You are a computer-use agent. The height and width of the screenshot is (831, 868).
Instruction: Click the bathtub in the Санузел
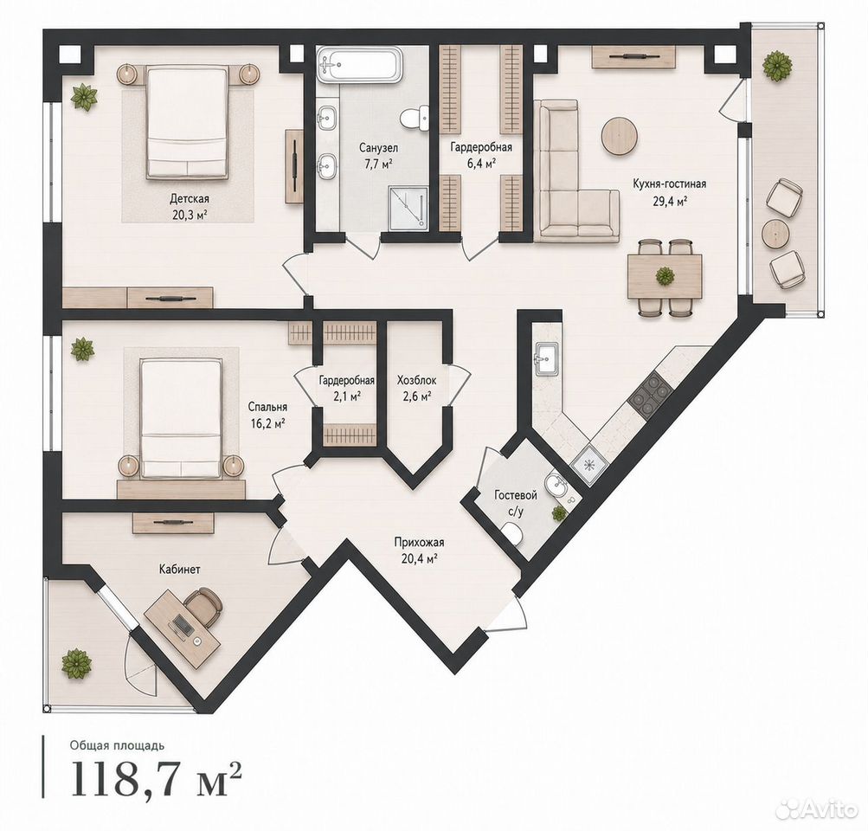[x=358, y=65]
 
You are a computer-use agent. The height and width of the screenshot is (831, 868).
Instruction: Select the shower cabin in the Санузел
[x=408, y=208]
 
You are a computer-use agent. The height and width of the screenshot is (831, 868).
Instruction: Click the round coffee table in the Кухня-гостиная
[x=620, y=136]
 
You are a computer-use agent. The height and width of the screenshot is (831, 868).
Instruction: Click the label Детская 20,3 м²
[x=190, y=206]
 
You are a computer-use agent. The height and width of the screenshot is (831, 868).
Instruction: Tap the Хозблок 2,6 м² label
[x=416, y=388]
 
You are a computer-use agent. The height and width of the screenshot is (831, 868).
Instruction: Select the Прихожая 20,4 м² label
[x=419, y=550]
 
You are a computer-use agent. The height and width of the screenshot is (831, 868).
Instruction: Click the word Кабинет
[x=180, y=569]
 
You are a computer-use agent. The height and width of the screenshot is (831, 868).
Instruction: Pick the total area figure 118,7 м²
[x=156, y=779]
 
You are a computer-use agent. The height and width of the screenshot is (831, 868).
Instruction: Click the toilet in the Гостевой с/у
[x=514, y=534]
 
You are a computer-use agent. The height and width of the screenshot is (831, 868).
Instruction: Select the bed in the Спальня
[x=181, y=417]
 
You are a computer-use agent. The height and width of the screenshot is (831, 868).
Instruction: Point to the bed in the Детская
[x=188, y=122]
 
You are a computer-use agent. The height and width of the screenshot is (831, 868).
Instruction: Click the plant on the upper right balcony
[x=778, y=66]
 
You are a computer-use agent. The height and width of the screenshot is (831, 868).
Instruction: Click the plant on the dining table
[x=665, y=276]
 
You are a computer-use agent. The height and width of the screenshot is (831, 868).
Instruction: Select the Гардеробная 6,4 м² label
[x=480, y=154]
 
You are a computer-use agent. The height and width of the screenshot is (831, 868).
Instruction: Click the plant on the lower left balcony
[x=76, y=663]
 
